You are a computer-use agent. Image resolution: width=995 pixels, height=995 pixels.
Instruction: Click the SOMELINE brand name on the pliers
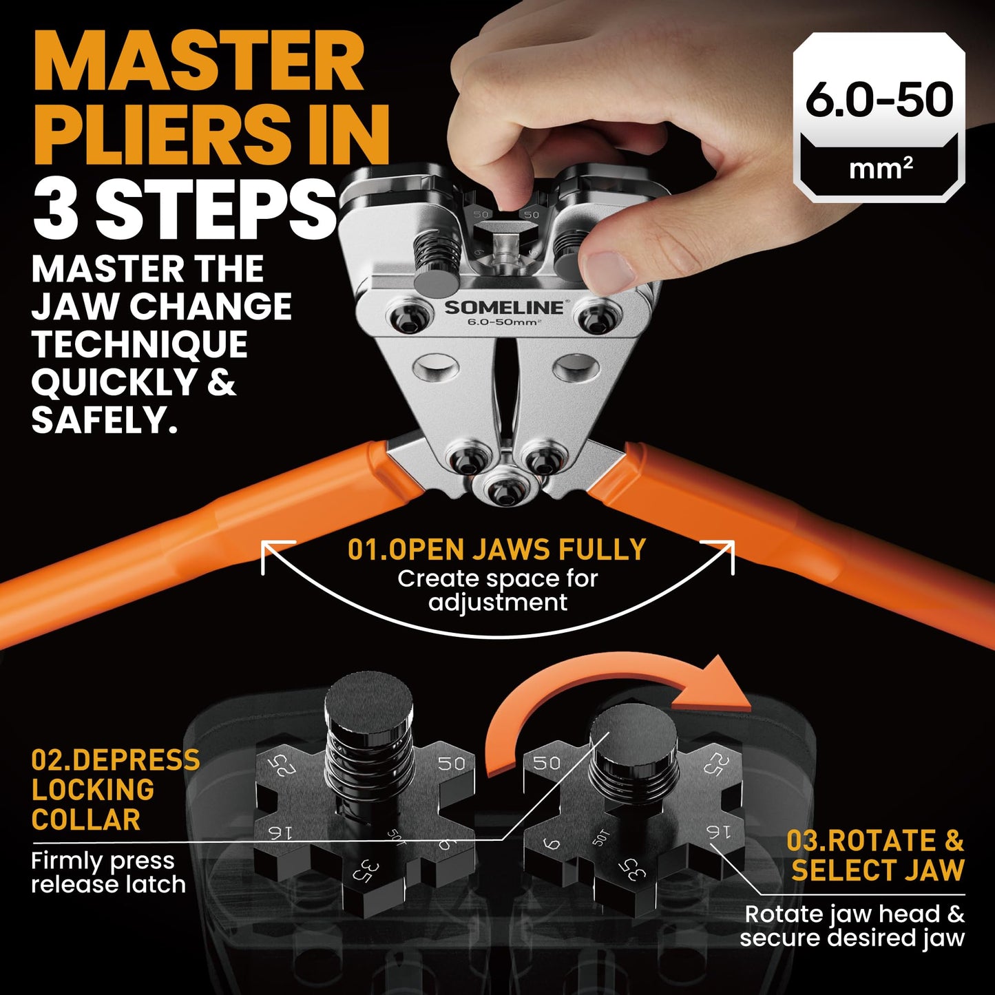point(503,307)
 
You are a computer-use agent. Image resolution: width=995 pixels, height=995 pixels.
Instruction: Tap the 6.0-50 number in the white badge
point(879,100)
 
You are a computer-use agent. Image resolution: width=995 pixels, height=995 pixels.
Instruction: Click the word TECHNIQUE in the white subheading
point(139,344)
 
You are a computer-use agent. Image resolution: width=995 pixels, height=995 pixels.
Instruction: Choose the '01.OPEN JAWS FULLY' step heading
point(496,549)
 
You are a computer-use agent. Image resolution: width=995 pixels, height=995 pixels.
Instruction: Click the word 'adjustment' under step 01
point(497,603)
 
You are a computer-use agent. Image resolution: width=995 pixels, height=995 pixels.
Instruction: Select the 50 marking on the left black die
point(452,763)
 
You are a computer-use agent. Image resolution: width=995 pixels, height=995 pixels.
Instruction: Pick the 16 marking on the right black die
point(716,831)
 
